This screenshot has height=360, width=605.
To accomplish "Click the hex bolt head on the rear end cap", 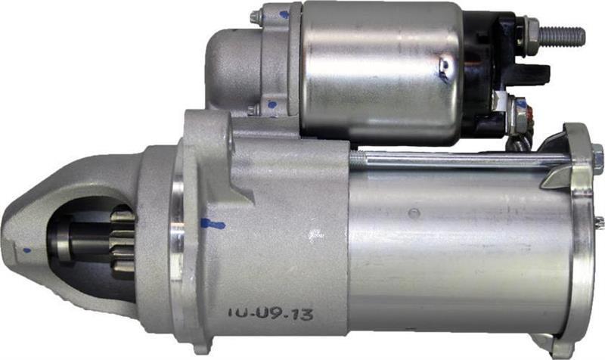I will pyautogui.click(x=598, y=159).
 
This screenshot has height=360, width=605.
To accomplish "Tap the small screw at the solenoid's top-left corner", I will pyautogui.click(x=257, y=14).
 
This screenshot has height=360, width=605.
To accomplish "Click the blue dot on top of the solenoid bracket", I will pyautogui.click(x=284, y=14).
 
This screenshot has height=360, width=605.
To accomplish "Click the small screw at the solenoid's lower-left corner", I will pyautogui.click(x=253, y=111).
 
